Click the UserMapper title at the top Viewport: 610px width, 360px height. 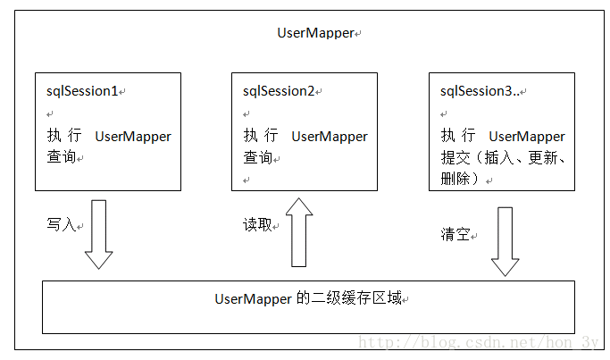(315, 33)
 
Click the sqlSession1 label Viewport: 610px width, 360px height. (82, 91)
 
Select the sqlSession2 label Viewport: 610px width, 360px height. (279, 91)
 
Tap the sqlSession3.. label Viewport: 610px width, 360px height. (479, 91)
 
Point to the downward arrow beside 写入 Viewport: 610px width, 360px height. (98, 234)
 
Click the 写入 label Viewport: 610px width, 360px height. (61, 224)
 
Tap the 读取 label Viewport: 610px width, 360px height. (257, 224)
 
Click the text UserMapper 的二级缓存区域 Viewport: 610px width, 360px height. (308, 298)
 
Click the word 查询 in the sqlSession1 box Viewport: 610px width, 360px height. (61, 156)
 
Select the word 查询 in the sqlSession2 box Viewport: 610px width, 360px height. (257, 156)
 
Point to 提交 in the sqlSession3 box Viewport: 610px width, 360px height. (455, 156)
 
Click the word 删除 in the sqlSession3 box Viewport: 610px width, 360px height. (455, 178)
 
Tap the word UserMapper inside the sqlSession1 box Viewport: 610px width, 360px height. (132, 137)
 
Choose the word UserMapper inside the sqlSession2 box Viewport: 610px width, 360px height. (329, 137)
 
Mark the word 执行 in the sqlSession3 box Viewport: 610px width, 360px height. (457, 136)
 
